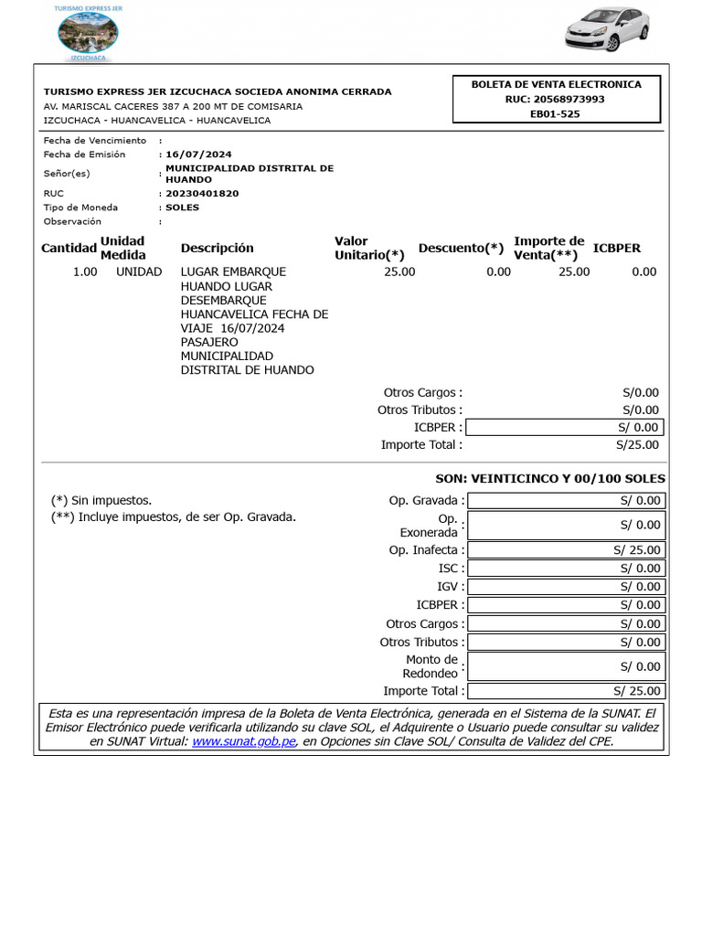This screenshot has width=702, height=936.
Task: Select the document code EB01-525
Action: [x=555, y=114]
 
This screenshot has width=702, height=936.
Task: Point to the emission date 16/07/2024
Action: [x=198, y=154]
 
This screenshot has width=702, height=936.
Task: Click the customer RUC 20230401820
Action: [x=202, y=194]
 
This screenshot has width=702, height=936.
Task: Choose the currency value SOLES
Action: [x=182, y=207]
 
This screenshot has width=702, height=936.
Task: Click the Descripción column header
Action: [x=218, y=249]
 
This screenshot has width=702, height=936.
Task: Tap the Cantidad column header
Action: [x=69, y=249]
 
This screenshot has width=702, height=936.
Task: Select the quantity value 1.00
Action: [x=85, y=271]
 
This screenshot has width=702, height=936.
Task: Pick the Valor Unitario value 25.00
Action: [x=399, y=271]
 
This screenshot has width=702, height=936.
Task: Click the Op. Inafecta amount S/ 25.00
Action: [x=566, y=550]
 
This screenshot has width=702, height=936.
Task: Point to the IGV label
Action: [x=450, y=587]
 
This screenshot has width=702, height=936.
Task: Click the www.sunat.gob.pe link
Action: [x=244, y=741]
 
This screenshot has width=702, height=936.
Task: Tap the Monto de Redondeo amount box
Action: [x=566, y=666]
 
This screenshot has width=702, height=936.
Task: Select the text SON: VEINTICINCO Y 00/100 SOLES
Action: [x=550, y=479]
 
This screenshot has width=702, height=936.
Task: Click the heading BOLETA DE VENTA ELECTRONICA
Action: [x=556, y=84]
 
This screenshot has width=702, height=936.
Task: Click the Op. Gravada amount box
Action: [x=566, y=500]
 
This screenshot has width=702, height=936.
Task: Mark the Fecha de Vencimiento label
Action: [x=95, y=141]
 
